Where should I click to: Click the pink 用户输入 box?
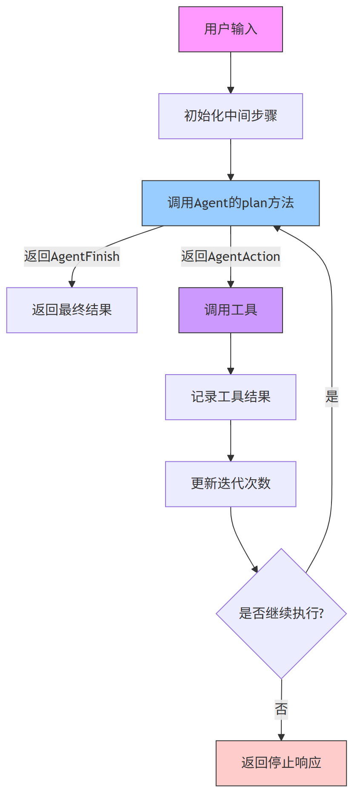click(x=231, y=29)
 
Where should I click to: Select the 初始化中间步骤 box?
click(x=231, y=116)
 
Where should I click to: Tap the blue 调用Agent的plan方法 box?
click(x=231, y=203)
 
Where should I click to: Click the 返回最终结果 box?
click(x=72, y=310)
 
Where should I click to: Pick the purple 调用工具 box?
click(x=231, y=310)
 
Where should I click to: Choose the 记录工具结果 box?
click(x=231, y=397)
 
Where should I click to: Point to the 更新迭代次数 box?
click(x=231, y=484)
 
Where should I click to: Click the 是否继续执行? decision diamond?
click(x=281, y=613)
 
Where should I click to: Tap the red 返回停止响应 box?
click(x=281, y=763)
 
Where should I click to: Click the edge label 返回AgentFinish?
click(x=72, y=257)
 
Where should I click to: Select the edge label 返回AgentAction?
click(x=231, y=257)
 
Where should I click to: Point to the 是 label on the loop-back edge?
click(x=332, y=397)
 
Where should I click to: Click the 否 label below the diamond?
click(x=281, y=709)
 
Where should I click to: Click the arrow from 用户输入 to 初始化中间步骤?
click(x=231, y=72)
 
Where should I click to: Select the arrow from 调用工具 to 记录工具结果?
click(x=231, y=353)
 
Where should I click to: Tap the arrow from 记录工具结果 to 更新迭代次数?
click(x=231, y=441)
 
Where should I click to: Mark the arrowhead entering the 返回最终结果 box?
click(x=72, y=284)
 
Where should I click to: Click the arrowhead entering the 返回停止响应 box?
click(x=281, y=737)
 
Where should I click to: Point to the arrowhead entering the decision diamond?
click(x=255, y=569)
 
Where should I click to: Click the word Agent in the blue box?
click(x=211, y=203)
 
